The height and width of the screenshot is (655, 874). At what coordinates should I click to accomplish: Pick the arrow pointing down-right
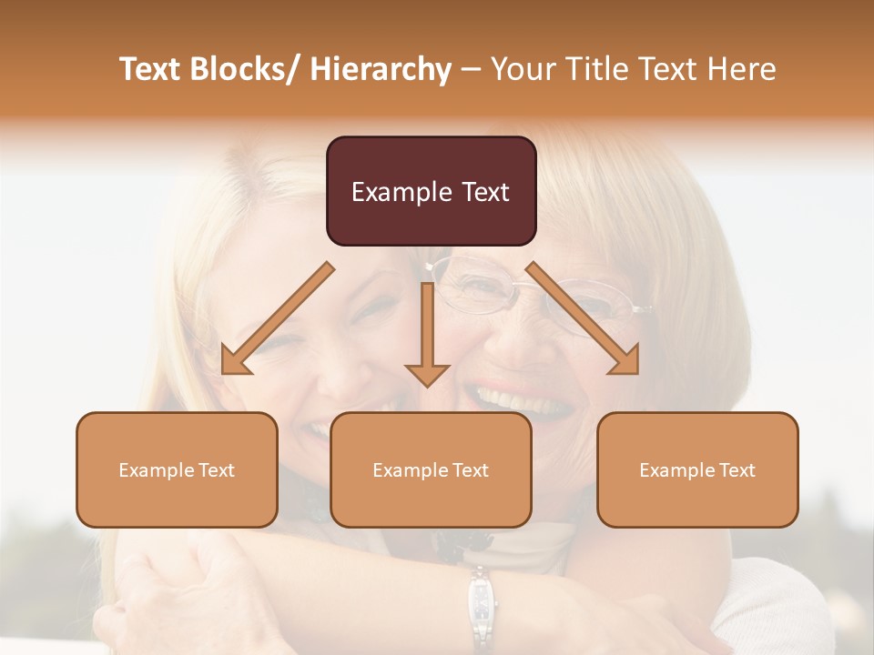[583, 318]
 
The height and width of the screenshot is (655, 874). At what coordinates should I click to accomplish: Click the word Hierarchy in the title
[381, 69]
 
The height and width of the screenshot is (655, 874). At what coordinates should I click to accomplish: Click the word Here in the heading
[742, 69]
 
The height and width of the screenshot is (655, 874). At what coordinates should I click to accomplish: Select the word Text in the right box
[737, 470]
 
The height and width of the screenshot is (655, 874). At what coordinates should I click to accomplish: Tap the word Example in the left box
[156, 470]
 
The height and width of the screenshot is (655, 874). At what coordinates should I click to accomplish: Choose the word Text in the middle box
[470, 470]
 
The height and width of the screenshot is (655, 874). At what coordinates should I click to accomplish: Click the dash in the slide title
[471, 69]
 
